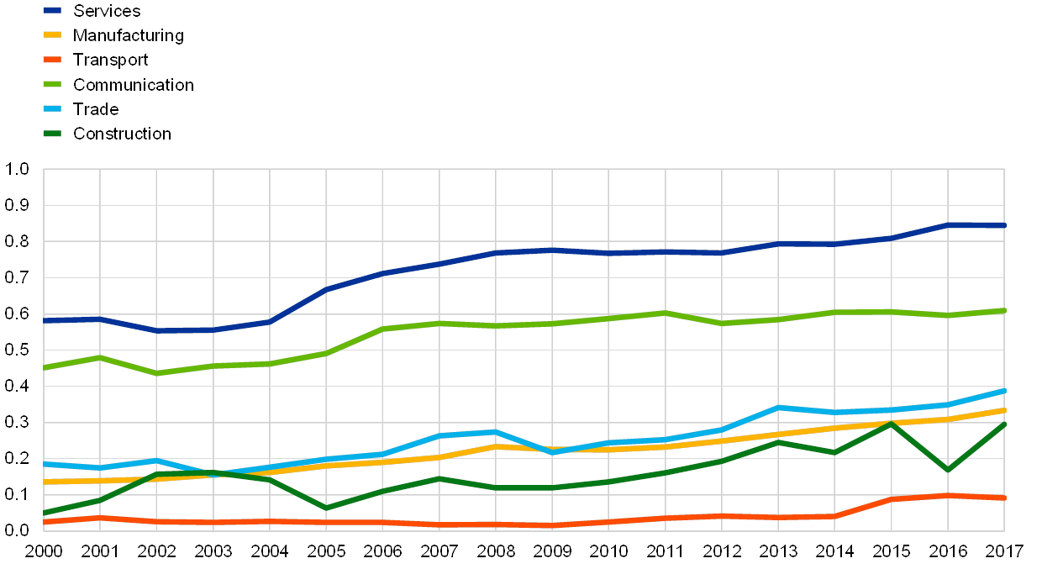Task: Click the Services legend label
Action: tap(107, 11)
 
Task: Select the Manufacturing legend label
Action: tap(128, 35)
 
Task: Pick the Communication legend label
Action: tap(134, 84)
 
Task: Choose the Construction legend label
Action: tap(123, 133)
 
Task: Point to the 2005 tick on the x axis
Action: tap(326, 551)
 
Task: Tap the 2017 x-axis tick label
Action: tap(1004, 551)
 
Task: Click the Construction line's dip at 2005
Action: tap(326, 508)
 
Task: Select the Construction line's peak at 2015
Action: tap(891, 423)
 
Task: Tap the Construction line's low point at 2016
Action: tap(948, 470)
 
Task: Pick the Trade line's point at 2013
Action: tap(778, 408)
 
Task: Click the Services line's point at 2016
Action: tap(948, 225)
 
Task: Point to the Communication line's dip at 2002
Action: tap(156, 373)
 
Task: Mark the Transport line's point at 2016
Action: tap(948, 496)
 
